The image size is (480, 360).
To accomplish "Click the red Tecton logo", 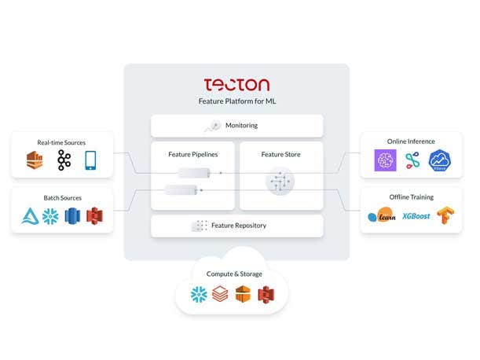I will (x=236, y=84).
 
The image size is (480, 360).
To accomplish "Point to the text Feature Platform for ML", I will (x=236, y=101).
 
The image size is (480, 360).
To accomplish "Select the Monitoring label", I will (x=241, y=126).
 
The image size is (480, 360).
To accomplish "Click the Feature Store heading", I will (x=280, y=154).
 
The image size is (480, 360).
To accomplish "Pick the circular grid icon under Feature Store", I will (x=280, y=182).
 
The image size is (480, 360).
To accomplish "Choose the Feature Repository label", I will (x=239, y=226).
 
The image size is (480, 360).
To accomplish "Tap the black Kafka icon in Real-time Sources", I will (x=64, y=161).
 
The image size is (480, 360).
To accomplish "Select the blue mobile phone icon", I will (x=90, y=160).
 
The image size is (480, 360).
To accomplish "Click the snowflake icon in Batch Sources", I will (x=50, y=216).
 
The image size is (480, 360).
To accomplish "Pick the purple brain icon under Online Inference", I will (x=385, y=161).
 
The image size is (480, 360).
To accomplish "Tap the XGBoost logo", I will (x=416, y=215).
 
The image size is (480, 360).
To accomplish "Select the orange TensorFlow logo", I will (x=446, y=215).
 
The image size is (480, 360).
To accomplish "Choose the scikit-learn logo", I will (x=383, y=215).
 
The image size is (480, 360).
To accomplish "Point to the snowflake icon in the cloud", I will (x=199, y=295).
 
